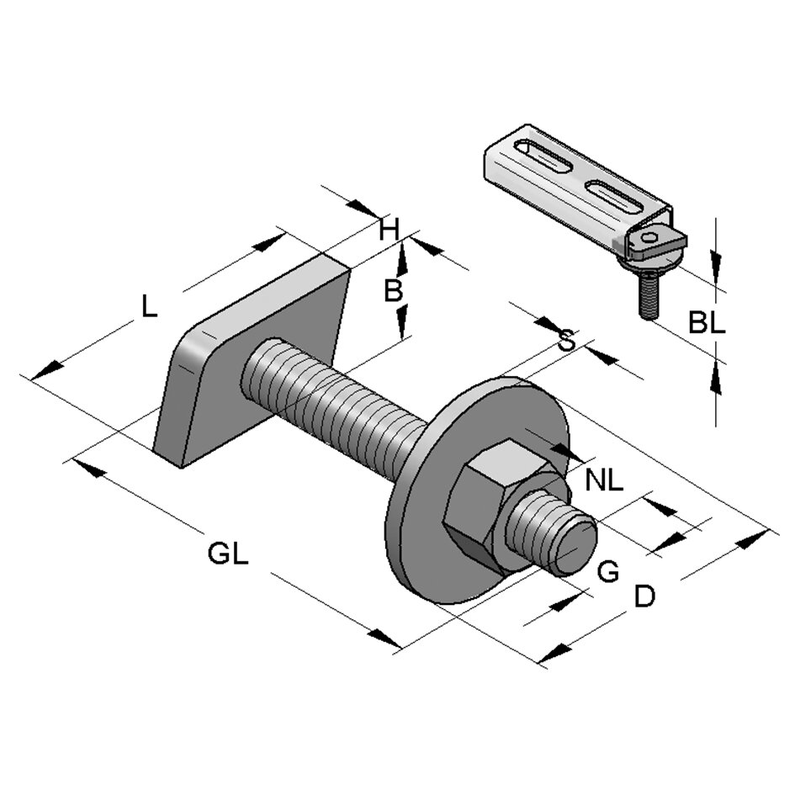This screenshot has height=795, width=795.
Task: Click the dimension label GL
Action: [228, 555]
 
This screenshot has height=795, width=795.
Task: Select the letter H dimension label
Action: [388, 229]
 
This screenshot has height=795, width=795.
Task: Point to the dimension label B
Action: [392, 291]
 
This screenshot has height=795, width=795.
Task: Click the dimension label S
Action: [567, 341]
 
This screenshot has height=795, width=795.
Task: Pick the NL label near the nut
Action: [605, 481]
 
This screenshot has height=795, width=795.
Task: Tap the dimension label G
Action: [607, 572]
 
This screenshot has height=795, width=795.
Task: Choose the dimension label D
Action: [644, 596]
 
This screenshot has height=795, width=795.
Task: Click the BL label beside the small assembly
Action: [706, 322]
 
